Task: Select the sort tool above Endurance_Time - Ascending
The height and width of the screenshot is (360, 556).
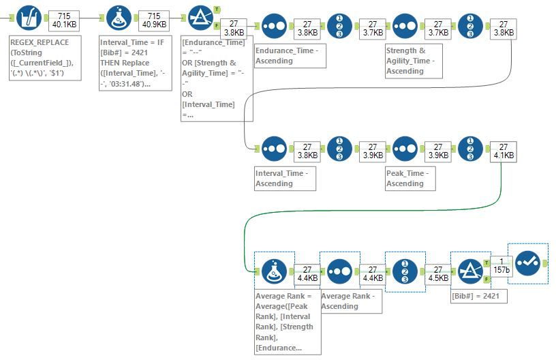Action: pyautogui.click(x=274, y=26)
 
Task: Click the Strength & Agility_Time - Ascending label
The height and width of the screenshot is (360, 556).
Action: pyautogui.click(x=413, y=61)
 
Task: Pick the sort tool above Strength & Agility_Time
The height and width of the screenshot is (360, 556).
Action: pyautogui.click(x=405, y=26)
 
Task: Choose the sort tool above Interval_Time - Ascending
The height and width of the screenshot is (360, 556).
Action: pyautogui.click(x=274, y=149)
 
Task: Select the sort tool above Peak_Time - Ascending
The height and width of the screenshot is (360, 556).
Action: pyautogui.click(x=405, y=149)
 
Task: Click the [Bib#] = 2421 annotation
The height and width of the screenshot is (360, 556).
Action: pyautogui.click(x=479, y=296)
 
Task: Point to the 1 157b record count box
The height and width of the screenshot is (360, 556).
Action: pyautogui.click(x=501, y=265)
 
